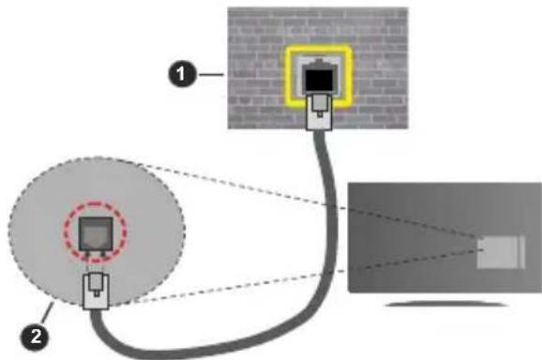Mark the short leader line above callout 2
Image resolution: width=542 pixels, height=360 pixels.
pyautogui.click(x=46, y=314)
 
